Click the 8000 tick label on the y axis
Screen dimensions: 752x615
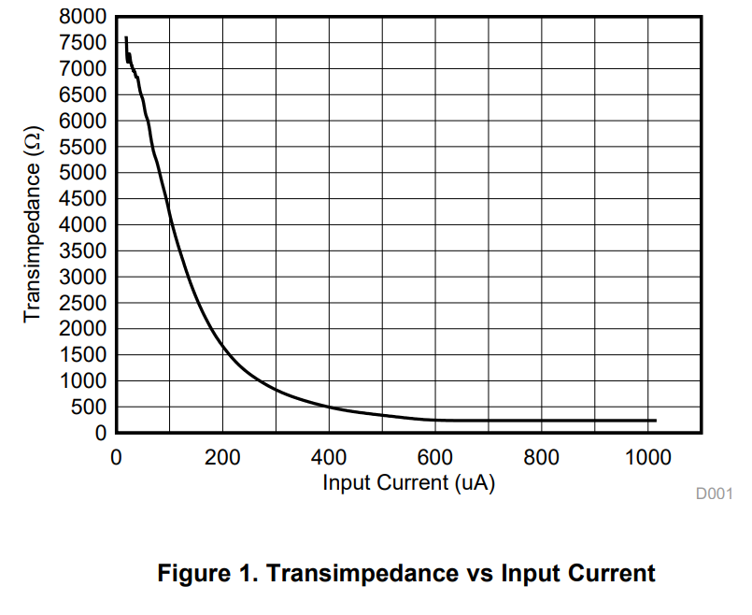point(82,17)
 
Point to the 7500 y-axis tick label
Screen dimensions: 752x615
point(82,43)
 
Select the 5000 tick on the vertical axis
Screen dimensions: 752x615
point(82,173)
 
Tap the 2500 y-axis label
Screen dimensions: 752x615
point(82,303)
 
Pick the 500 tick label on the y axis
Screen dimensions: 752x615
point(89,408)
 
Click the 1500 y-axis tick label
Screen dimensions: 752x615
point(82,355)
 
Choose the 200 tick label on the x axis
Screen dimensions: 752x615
point(222,457)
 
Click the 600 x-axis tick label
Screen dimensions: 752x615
point(435,457)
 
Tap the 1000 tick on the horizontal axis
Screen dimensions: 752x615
point(648,457)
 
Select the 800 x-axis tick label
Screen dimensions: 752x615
point(542,457)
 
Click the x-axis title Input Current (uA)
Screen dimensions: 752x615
point(408,482)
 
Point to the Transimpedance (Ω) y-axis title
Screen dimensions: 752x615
point(33,224)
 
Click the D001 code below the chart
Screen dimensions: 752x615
point(714,493)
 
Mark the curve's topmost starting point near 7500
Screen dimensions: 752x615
point(126,37)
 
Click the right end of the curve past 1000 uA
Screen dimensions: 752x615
point(656,421)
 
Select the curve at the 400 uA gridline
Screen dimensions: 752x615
point(329,408)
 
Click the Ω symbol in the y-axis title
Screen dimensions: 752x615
point(34,140)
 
